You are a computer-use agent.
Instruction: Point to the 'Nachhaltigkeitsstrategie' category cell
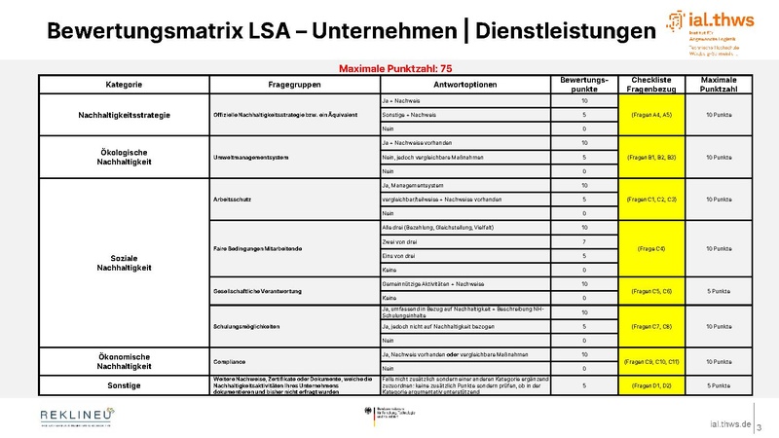click(124, 116)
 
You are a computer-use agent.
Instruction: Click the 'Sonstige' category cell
click(124, 385)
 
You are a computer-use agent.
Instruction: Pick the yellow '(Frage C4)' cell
click(652, 248)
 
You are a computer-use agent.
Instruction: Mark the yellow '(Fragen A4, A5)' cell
click(652, 115)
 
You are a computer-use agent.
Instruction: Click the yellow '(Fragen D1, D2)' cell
click(652, 385)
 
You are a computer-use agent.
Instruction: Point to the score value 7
click(584, 240)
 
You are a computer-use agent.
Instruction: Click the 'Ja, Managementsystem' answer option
click(413, 185)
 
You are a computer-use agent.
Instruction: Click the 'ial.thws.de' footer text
click(729, 424)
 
